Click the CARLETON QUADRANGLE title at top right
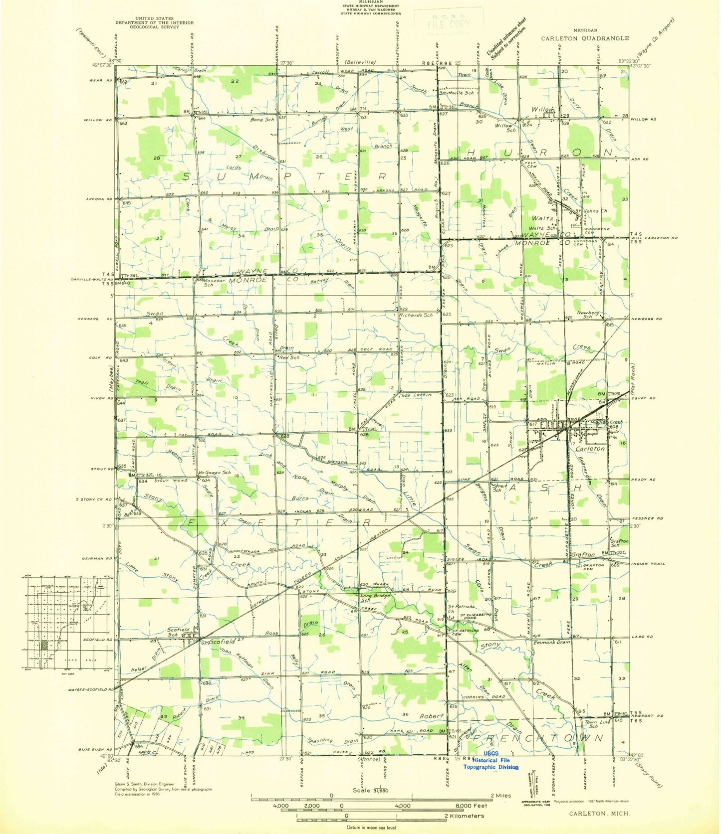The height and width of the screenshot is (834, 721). [x=585, y=38]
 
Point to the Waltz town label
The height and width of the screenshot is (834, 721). [x=542, y=218]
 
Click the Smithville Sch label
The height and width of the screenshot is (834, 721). [x=456, y=93]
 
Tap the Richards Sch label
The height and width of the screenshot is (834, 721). [x=416, y=315]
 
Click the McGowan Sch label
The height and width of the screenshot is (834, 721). [x=215, y=472]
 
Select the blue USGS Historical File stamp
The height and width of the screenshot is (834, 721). [x=491, y=760]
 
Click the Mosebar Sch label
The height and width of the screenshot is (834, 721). [x=216, y=283]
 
